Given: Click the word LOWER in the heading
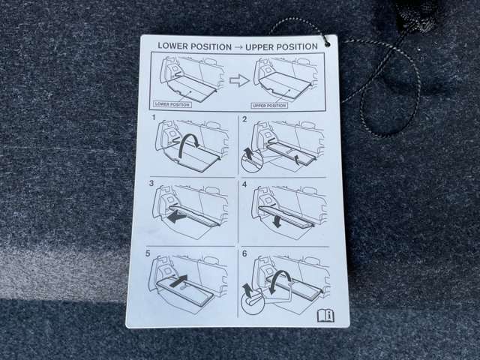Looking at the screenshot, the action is tap(172, 46).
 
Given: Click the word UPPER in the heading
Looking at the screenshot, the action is tap(260, 47).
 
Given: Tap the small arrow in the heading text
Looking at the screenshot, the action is tap(238, 47).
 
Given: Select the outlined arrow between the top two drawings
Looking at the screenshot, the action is tap(240, 81).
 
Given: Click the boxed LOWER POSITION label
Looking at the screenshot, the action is tap(172, 104).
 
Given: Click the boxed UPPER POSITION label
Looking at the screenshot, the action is tap(269, 106).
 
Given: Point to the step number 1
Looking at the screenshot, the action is tap(154, 117).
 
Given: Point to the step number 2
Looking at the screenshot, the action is tap(244, 119).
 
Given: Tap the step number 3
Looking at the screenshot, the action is tap(151, 183).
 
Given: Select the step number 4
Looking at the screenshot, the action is tap(244, 184).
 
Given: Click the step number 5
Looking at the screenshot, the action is tap(148, 253).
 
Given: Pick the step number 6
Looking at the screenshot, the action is tap(244, 253).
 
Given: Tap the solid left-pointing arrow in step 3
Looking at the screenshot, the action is tap(177, 217).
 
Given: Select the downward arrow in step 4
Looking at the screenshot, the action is tap(277, 220).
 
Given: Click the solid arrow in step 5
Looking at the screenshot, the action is tap(178, 280).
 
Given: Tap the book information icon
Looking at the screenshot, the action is tap(325, 316).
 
